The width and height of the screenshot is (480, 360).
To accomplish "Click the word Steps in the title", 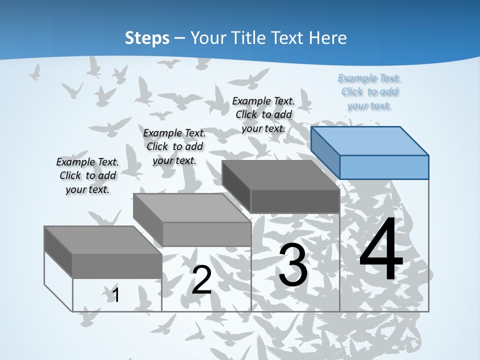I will (147, 38).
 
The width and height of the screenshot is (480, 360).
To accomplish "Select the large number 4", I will (381, 250).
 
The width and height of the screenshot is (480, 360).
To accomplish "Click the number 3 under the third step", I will (293, 265).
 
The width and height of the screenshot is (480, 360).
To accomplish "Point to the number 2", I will (202, 280).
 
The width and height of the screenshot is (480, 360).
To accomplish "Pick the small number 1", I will (116, 295).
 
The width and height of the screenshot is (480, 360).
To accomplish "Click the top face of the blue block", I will (370, 141).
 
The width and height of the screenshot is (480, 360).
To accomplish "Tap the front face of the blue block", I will (384, 167).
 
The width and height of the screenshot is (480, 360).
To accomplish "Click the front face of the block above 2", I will (206, 234).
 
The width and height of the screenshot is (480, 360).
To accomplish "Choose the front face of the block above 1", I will (117, 266).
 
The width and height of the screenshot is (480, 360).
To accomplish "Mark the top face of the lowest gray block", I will (103, 240).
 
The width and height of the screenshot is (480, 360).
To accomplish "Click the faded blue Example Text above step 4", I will (369, 91).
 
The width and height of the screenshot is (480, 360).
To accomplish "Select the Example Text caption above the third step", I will (263, 114).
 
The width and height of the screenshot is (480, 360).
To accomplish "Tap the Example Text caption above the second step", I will (174, 146).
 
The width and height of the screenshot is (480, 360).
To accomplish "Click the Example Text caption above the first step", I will (87, 175).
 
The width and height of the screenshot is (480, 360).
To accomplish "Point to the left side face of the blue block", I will (325, 152).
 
